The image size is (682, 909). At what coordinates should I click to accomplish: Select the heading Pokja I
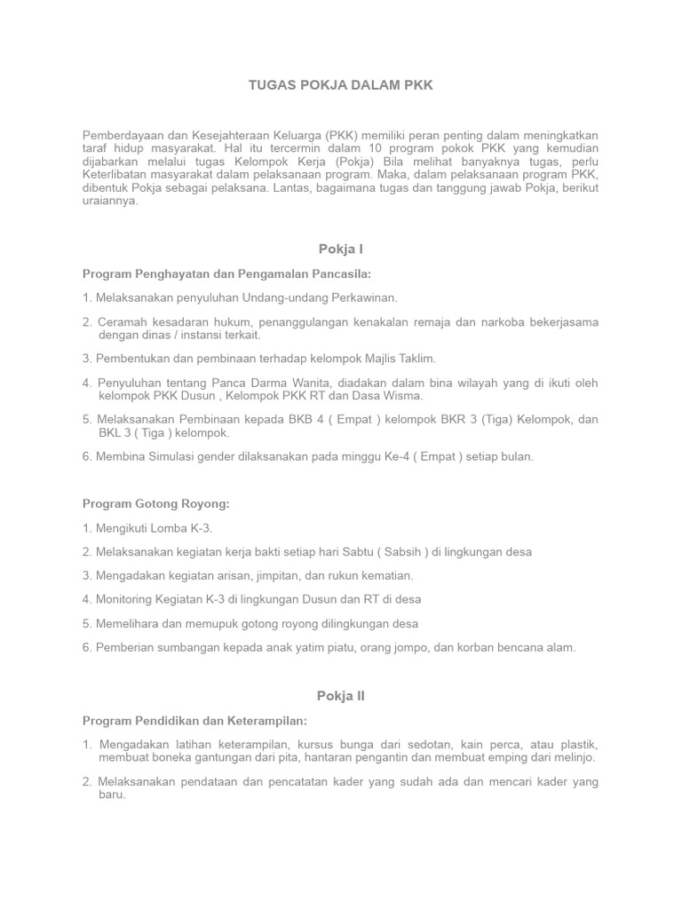[341, 249]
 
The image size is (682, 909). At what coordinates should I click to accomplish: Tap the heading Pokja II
[341, 696]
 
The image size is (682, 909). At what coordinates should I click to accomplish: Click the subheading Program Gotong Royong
[155, 503]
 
